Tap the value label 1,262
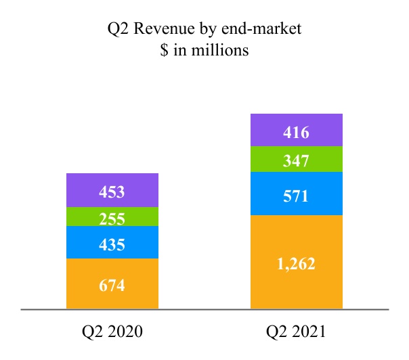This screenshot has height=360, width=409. point(297,263)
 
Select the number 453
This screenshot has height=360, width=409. point(112,192)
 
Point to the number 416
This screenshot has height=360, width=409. point(297,133)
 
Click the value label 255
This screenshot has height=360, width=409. point(112,219)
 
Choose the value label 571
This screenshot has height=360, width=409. point(297,197)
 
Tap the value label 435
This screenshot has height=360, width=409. point(112,244)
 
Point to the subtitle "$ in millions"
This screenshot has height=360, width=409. point(204,50)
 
